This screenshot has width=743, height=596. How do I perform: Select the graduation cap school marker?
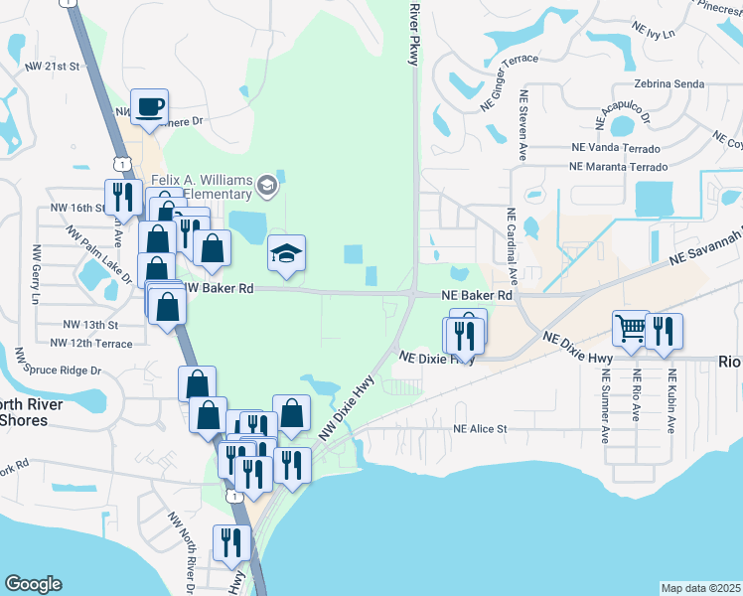click(x=286, y=254)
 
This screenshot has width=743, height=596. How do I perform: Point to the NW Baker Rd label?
click(x=220, y=288)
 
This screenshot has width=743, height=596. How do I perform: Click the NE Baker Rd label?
click(x=477, y=296)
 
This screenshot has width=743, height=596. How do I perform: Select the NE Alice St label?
click(x=480, y=429)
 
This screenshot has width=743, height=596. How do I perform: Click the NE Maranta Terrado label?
click(x=613, y=166)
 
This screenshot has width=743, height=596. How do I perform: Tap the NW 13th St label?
click(x=90, y=325)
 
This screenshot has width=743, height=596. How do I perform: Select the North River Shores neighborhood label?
click(x=32, y=411)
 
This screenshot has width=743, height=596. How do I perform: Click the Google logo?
click(x=33, y=584)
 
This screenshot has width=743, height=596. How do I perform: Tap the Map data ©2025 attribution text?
click(x=701, y=588)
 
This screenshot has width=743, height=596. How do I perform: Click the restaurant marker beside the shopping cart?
click(x=664, y=330)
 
